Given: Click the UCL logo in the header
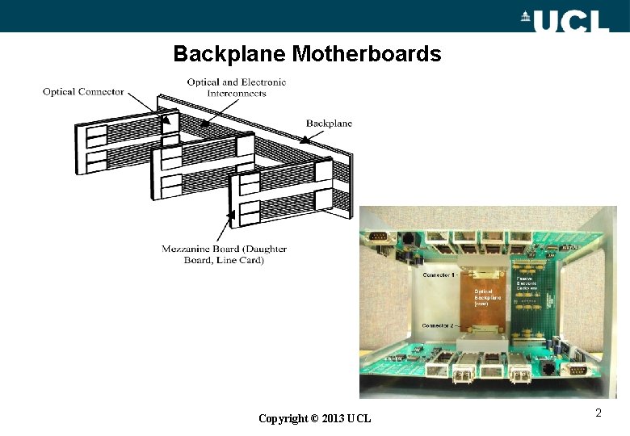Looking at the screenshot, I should click(570, 19).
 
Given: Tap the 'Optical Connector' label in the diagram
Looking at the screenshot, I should click(83, 92).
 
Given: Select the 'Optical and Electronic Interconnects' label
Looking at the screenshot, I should click(236, 87).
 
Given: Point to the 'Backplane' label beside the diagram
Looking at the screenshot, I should click(329, 124).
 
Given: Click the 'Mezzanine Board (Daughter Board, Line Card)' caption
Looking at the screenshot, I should click(224, 254).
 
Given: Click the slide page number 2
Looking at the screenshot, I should click(598, 413).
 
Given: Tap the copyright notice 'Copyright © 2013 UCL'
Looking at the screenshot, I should click(314, 418).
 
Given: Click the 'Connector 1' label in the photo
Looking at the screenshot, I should click(439, 275).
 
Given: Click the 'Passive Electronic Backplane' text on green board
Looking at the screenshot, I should click(527, 283).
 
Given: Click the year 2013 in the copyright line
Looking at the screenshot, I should click(333, 418).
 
